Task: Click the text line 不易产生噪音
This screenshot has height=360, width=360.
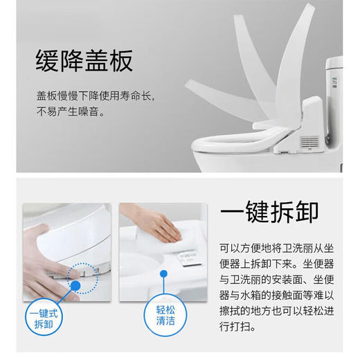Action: pyautogui.click(x=71, y=111)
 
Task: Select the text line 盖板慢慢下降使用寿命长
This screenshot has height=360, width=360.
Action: pyautogui.click(x=96, y=96)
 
